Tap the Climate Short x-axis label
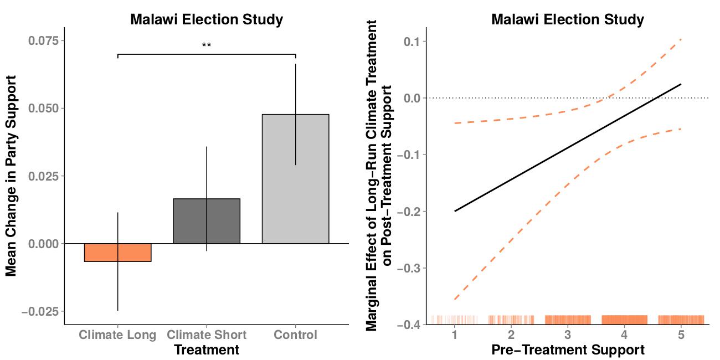tap(207, 335)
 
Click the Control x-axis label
tap(295, 335)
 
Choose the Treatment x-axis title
tap(207, 350)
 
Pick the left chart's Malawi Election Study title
tap(207, 20)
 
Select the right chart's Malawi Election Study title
tap(568, 20)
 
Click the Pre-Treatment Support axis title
tap(568, 350)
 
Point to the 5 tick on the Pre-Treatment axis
tap(681, 335)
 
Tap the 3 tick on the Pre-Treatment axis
tap(568, 335)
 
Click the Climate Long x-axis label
tap(117, 335)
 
